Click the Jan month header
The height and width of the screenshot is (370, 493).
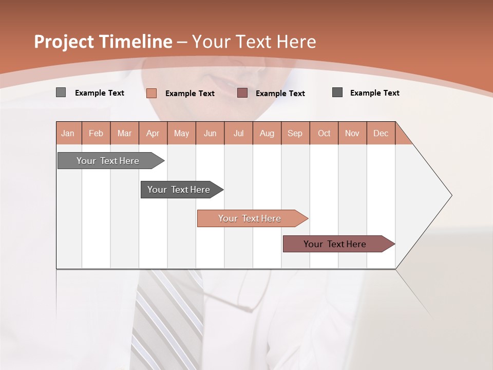click(68, 133)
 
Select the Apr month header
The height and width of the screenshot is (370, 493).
click(153, 133)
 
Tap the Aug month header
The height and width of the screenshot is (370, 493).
click(267, 133)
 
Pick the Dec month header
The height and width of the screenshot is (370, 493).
click(381, 133)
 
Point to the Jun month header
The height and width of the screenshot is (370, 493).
click(210, 133)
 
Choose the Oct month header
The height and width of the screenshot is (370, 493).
click(324, 133)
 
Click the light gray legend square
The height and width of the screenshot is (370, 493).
click(61, 92)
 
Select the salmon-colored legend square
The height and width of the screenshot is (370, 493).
click(151, 93)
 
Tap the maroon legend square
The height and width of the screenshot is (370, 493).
click(242, 93)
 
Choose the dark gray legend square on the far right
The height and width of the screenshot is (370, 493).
click(337, 92)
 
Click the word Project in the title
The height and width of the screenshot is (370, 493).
click(64, 42)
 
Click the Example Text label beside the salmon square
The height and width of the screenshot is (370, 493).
click(189, 93)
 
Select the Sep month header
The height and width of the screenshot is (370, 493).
click(295, 133)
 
